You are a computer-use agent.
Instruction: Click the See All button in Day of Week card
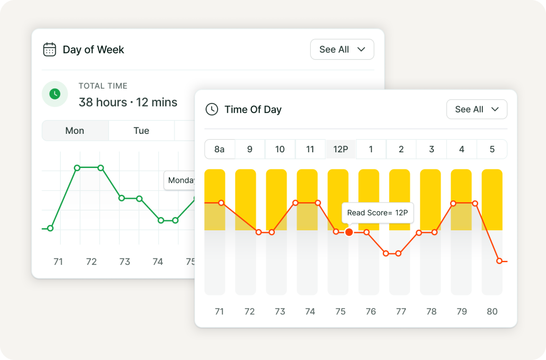342,49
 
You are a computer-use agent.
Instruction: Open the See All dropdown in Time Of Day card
476,109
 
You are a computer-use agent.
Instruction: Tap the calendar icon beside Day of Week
49,49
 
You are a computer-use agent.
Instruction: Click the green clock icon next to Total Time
55,94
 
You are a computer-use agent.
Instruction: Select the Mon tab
75,131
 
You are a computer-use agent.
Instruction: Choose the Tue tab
141,131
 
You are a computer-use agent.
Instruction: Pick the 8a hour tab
220,149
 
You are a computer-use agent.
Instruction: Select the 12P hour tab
340,149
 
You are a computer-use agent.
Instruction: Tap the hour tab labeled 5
492,149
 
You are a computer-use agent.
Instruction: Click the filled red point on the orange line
349,232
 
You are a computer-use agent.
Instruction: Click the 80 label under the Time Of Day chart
492,312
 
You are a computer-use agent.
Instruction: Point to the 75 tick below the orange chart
340,312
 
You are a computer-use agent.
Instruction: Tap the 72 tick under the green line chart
91,262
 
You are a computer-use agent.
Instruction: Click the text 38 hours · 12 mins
128,102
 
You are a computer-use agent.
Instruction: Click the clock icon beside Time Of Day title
212,109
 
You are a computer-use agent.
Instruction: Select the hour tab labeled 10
280,149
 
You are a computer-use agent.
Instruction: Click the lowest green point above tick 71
50,228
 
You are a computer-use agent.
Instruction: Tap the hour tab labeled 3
432,149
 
